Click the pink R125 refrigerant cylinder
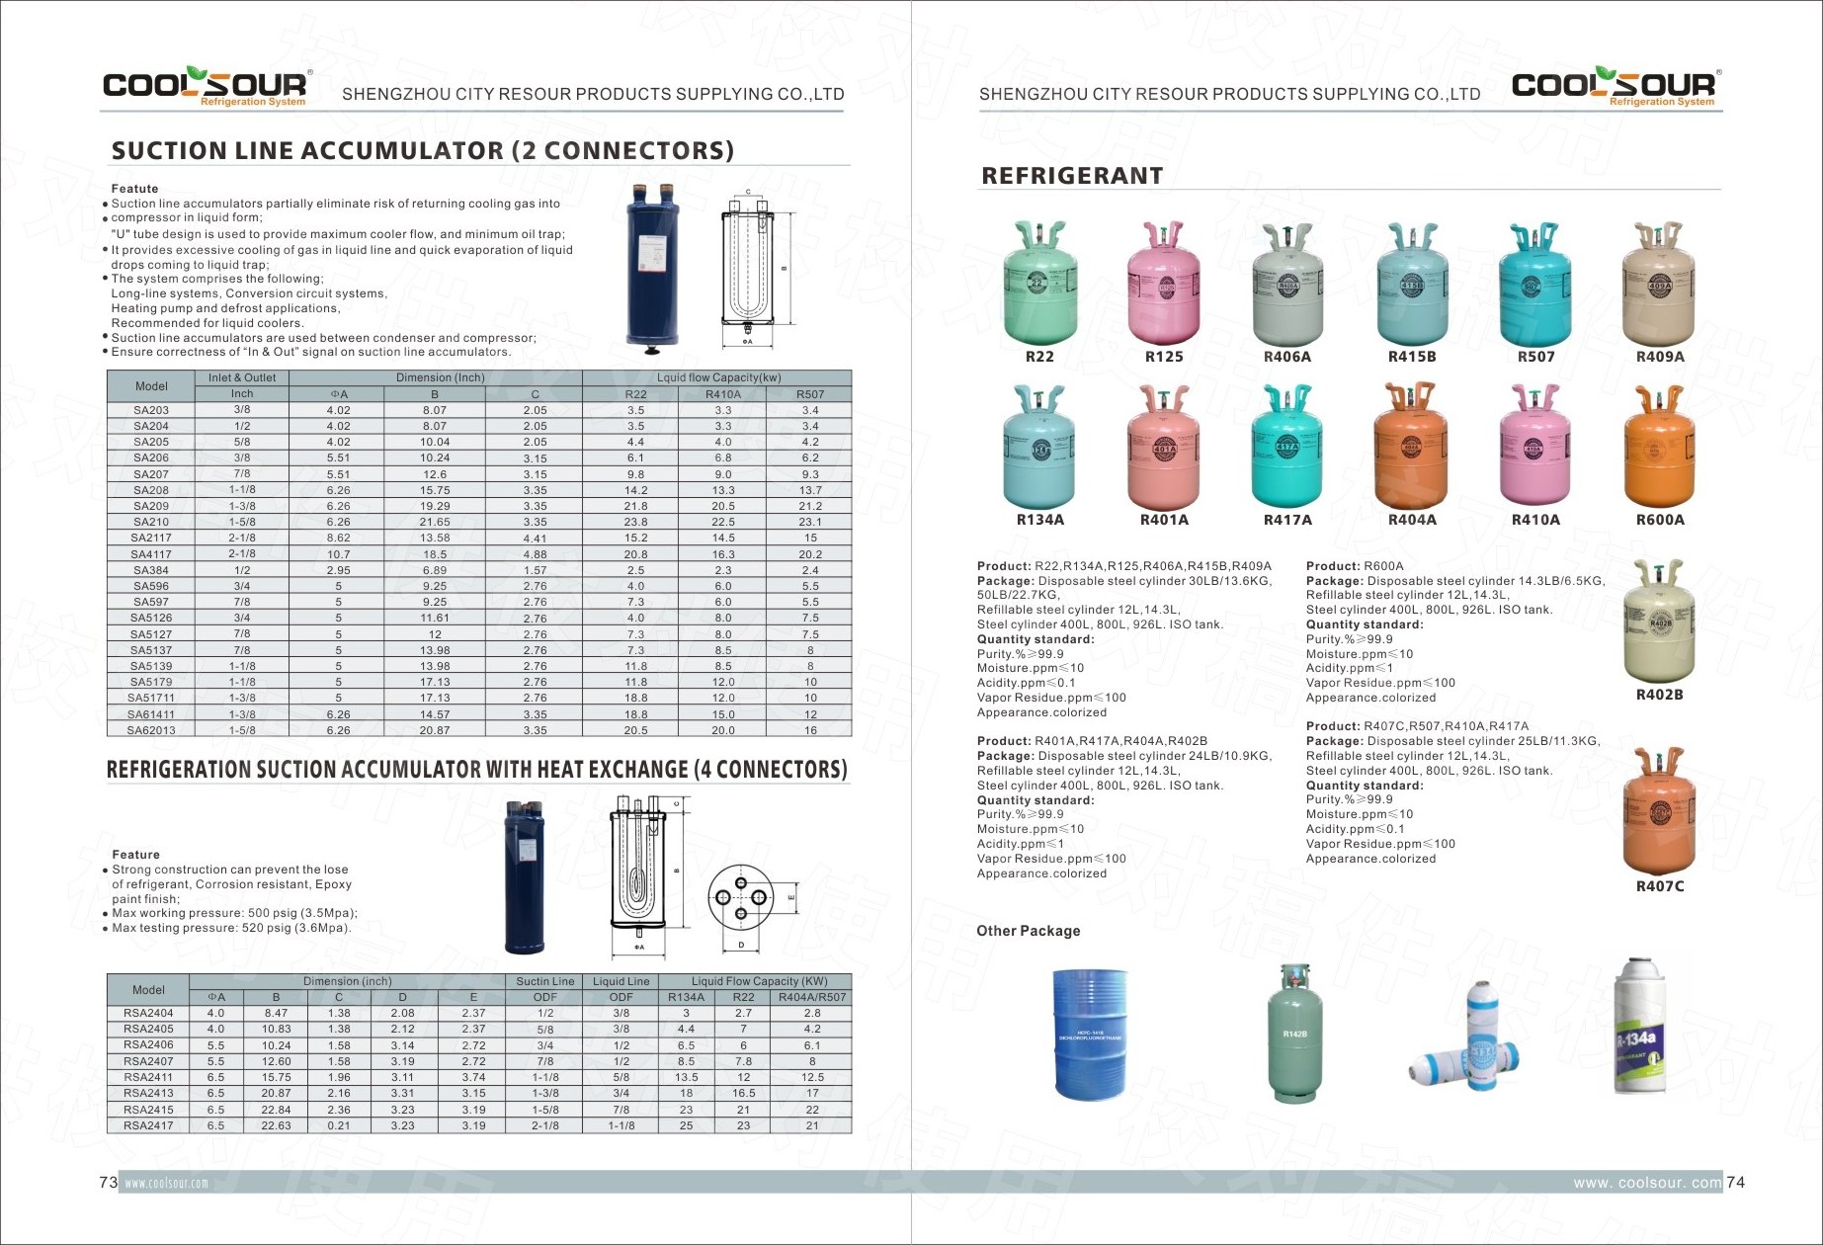1164,287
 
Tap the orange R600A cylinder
1659,450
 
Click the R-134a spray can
1639,1028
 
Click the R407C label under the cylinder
1660,886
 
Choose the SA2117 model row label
151,539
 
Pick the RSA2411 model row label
148,1077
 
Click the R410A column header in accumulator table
722,394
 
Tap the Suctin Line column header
544,981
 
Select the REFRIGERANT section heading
1072,176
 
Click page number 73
108,1183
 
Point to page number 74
1736,1183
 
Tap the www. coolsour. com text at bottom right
1647,1183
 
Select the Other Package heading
1028,931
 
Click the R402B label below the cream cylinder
1659,695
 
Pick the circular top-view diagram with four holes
740,898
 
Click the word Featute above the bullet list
134,189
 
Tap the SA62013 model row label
151,730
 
